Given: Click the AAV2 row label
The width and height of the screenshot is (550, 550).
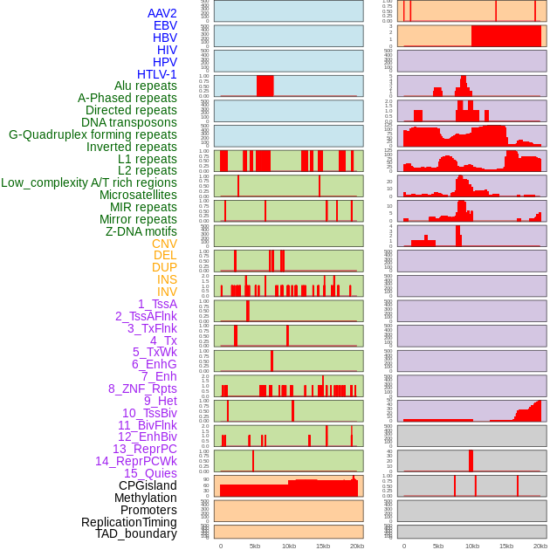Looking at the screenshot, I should click(162, 13).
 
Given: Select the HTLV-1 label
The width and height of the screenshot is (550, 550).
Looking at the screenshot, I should click(156, 74).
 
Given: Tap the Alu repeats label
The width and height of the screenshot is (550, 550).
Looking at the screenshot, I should click(145, 86).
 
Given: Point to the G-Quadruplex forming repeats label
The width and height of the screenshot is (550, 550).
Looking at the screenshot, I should click(93, 134).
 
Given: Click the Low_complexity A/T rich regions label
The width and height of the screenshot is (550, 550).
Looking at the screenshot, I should click(89, 182).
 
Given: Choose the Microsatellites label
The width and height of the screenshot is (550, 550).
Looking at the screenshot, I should click(138, 195).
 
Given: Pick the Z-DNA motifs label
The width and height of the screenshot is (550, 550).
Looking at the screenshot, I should click(141, 231).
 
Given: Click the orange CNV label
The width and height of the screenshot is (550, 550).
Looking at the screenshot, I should click(164, 244).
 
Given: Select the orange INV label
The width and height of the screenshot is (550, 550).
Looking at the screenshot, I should click(167, 292).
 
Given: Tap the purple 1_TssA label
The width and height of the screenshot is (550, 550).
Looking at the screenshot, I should click(157, 304).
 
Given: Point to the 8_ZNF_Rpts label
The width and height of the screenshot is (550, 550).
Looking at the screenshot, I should click(142, 388).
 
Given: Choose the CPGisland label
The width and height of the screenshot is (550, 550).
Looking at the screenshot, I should click(148, 485).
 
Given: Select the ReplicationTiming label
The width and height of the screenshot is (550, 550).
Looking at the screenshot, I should click(128, 522).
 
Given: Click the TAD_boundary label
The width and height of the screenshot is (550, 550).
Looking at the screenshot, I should click(136, 533).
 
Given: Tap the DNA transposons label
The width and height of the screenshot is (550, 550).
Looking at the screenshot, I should click(129, 122).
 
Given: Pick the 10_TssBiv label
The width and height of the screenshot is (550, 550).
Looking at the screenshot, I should click(149, 413).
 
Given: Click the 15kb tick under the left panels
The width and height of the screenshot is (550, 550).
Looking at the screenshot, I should click(323, 546).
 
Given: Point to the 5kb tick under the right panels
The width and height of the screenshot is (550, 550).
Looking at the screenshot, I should click(438, 546).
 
